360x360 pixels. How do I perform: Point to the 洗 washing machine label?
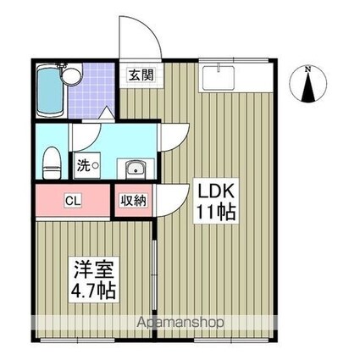[x=82, y=166]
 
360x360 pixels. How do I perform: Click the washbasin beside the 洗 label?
[x=133, y=167]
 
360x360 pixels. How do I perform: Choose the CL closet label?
[x=75, y=202]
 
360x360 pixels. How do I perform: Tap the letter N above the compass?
[x=310, y=68]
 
